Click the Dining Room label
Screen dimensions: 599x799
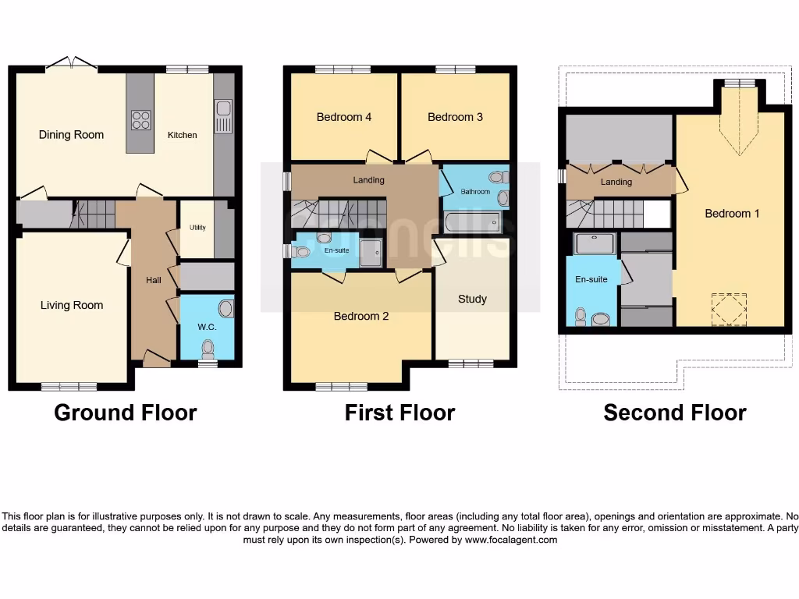tap(71, 135)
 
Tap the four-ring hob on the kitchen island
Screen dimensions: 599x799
tap(141, 120)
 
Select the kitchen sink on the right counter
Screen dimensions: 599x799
tap(223, 117)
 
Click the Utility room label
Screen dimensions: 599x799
tap(197, 228)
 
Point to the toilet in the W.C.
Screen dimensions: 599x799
tap(208, 348)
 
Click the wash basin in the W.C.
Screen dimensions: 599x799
tap(225, 309)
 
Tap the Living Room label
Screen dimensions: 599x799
tap(72, 305)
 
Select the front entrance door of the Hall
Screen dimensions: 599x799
tap(157, 359)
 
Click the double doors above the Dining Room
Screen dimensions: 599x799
tap(71, 63)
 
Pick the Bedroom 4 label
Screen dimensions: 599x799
tap(343, 117)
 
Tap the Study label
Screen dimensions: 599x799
tap(472, 299)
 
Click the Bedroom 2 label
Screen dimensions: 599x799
tap(360, 316)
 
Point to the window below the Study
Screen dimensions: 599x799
tap(471, 363)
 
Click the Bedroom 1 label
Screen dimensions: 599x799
tap(732, 213)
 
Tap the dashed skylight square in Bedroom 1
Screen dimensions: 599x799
tap(730, 310)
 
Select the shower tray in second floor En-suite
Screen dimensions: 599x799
tap(595, 244)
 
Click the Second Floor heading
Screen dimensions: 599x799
tap(674, 413)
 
